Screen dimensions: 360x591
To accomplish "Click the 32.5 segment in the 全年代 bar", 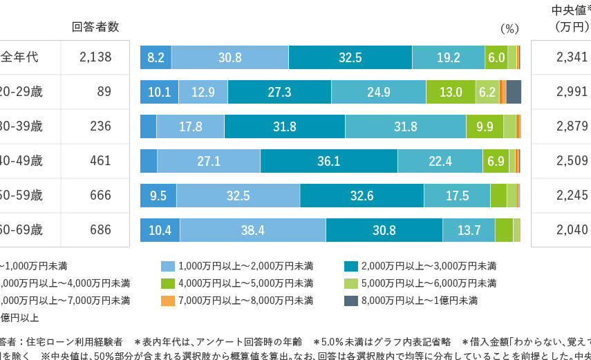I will tap(350, 58).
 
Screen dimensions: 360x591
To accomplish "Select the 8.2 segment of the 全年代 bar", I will tap(156, 58).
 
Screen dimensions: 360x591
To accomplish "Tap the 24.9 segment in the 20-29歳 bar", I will tap(378, 92).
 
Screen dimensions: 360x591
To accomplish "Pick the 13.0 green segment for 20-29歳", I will tap(451, 92).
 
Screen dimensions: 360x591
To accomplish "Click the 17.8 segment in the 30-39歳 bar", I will tap(190, 126).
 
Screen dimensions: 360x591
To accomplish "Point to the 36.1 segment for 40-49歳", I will tap(328, 161).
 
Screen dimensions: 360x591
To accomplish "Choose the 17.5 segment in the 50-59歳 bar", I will tap(457, 196).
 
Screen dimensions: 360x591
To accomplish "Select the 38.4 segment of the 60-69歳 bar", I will tap(252, 230).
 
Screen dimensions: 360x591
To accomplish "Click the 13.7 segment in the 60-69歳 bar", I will tap(469, 230).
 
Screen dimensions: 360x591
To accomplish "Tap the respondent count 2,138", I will tap(95, 58).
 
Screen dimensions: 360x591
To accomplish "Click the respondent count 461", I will tap(100, 161).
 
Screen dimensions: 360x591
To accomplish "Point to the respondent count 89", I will tap(104, 92).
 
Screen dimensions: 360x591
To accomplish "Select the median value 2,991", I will tap(572, 92).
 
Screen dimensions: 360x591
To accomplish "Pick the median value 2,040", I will tap(572, 230).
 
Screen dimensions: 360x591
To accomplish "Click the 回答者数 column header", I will tap(95, 27).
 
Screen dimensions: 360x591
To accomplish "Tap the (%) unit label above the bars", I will tap(509, 29).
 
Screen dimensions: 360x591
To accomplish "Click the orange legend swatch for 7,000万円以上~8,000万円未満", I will tap(169, 300).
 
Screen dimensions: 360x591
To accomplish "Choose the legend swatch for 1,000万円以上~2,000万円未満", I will tap(169, 266).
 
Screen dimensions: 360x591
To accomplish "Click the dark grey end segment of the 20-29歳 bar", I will tap(514, 92).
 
